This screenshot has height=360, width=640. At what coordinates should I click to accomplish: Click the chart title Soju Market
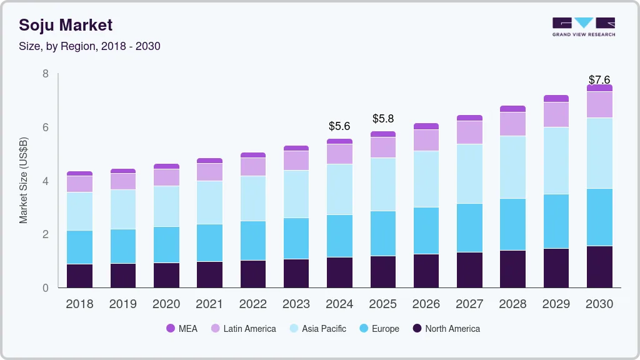coord(66,25)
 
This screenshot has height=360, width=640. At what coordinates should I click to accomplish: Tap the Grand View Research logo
coord(583,27)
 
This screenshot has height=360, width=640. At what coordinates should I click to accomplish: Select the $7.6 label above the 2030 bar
coord(600,80)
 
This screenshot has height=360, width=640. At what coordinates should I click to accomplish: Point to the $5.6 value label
coord(339,126)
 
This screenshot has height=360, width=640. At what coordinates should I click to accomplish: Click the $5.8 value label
coord(383,118)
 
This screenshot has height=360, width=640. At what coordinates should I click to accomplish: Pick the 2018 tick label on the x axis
coord(79,304)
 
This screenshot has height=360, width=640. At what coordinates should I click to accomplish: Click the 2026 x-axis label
coord(426,304)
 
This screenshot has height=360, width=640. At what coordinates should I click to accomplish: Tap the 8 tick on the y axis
coord(46,74)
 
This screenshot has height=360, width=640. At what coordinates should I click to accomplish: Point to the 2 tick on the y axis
coord(46,234)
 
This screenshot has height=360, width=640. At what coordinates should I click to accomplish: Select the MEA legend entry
coord(181,328)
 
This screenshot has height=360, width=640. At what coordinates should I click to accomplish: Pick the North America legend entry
coord(446,328)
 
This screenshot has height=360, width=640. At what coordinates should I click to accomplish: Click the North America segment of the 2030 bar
coord(600,267)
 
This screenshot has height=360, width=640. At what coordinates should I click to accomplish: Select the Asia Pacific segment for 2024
coord(339,189)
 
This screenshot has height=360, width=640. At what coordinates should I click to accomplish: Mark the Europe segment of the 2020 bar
coord(166,244)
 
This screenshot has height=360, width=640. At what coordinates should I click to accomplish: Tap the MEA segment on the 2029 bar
coord(556,98)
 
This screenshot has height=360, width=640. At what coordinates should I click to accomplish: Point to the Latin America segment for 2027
coord(469,132)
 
